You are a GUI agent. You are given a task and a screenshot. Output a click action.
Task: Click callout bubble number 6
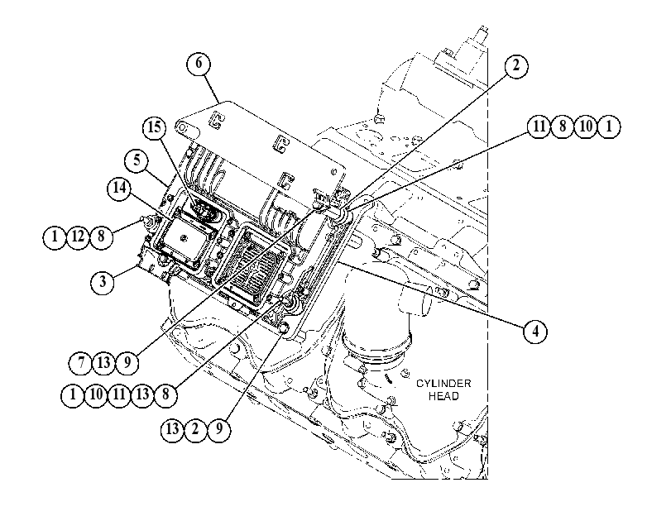(199, 64)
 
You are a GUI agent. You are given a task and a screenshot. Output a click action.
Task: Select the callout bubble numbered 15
(155, 127)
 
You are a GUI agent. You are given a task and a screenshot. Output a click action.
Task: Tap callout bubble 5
(137, 160)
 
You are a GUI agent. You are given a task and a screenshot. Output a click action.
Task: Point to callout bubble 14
(119, 188)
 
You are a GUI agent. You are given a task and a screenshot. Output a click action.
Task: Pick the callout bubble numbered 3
(103, 282)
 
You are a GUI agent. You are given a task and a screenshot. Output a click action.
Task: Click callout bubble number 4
(535, 331)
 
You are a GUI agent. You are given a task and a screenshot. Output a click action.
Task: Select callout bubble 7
(81, 363)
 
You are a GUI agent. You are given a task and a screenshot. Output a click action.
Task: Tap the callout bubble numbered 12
(78, 236)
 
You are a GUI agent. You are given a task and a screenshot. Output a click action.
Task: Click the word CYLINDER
(443, 384)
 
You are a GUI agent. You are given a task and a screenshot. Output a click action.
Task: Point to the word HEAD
(443, 396)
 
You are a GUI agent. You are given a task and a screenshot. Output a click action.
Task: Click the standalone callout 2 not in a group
(516, 66)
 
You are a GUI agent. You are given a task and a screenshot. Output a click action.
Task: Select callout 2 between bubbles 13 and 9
(195, 428)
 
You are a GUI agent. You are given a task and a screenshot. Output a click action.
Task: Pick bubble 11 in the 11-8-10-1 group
(539, 127)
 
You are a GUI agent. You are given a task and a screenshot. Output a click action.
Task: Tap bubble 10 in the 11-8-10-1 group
(586, 127)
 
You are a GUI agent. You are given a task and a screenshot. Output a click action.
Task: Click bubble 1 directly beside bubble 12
(55, 236)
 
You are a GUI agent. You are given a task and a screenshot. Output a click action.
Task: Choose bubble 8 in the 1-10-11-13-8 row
(165, 394)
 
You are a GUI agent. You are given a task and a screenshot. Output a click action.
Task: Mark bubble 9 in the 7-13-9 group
(127, 363)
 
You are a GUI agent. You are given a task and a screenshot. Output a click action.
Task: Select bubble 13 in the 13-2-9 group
(172, 428)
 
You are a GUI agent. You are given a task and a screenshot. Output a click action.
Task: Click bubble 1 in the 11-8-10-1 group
(608, 127)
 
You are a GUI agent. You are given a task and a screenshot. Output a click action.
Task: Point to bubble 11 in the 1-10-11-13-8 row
(119, 394)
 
